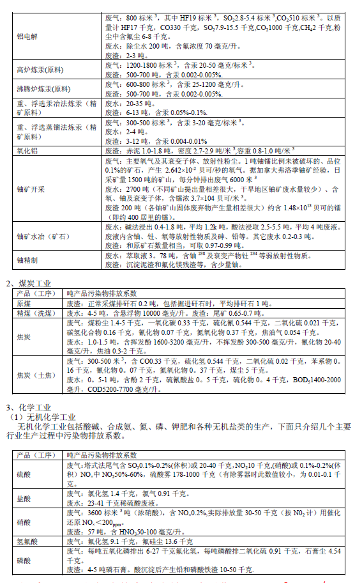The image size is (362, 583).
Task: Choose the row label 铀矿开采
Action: (x=30, y=190)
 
